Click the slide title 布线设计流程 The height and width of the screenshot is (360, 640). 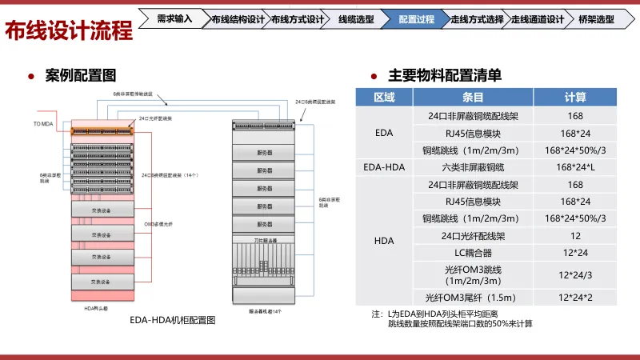coord(69,31)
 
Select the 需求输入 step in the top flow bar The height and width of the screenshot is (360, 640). coord(174,18)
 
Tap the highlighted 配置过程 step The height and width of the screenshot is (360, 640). coord(415,18)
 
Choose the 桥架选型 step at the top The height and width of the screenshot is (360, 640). coord(596,18)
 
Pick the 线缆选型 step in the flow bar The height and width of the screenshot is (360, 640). coord(355,18)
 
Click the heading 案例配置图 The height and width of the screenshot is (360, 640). coord(81,76)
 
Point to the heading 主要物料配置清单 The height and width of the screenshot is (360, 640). coord(445,76)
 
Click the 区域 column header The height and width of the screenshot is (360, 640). coord(384,98)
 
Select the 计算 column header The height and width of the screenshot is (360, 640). coord(575,98)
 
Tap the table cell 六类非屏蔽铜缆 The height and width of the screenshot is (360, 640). coord(474,167)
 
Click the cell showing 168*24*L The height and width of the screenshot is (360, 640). coord(575,167)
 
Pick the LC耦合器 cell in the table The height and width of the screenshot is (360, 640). coord(474,253)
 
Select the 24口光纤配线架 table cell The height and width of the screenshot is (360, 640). coord(474,236)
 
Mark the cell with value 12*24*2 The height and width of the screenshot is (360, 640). coord(575,298)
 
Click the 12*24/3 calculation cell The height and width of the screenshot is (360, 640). coord(575,275)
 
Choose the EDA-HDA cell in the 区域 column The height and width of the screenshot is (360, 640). coord(384,167)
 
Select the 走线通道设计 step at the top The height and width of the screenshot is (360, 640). coord(537,18)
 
